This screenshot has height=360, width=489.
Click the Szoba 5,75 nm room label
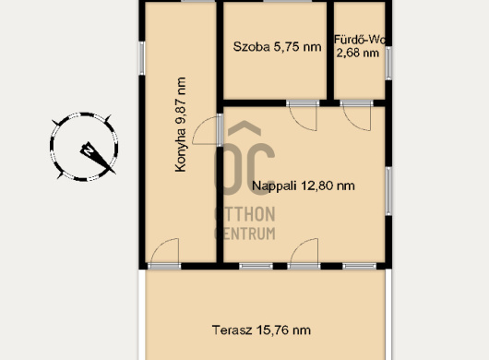click(x=277, y=47)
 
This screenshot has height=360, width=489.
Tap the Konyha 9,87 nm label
click(x=181, y=125)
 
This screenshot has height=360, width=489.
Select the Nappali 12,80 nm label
click(x=304, y=186)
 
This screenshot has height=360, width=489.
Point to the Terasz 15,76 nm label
click(x=261, y=330)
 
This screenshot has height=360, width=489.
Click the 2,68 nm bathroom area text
click(x=358, y=53)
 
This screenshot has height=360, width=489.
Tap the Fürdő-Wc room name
click(x=360, y=40)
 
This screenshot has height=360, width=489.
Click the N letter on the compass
click(x=89, y=150)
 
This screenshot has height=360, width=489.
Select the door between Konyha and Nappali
click(x=208, y=130)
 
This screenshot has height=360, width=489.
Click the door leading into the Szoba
click(x=303, y=115)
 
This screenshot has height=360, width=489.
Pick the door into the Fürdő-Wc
click(x=356, y=115)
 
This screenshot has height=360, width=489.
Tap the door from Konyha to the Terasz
click(x=164, y=254)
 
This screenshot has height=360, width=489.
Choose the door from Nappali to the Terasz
click(x=304, y=254)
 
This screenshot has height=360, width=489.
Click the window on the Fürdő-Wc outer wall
click(x=388, y=63)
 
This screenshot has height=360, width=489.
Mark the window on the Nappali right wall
click(x=388, y=191)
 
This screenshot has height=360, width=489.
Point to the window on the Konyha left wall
click(x=142, y=58)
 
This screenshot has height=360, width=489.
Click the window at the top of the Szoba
click(x=288, y=1)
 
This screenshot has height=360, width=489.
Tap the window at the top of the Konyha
click(x=198, y=1)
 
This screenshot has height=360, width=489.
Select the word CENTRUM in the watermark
click(x=245, y=234)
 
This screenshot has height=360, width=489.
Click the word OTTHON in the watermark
click(x=245, y=214)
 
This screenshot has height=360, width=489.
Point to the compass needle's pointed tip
click(x=115, y=174)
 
